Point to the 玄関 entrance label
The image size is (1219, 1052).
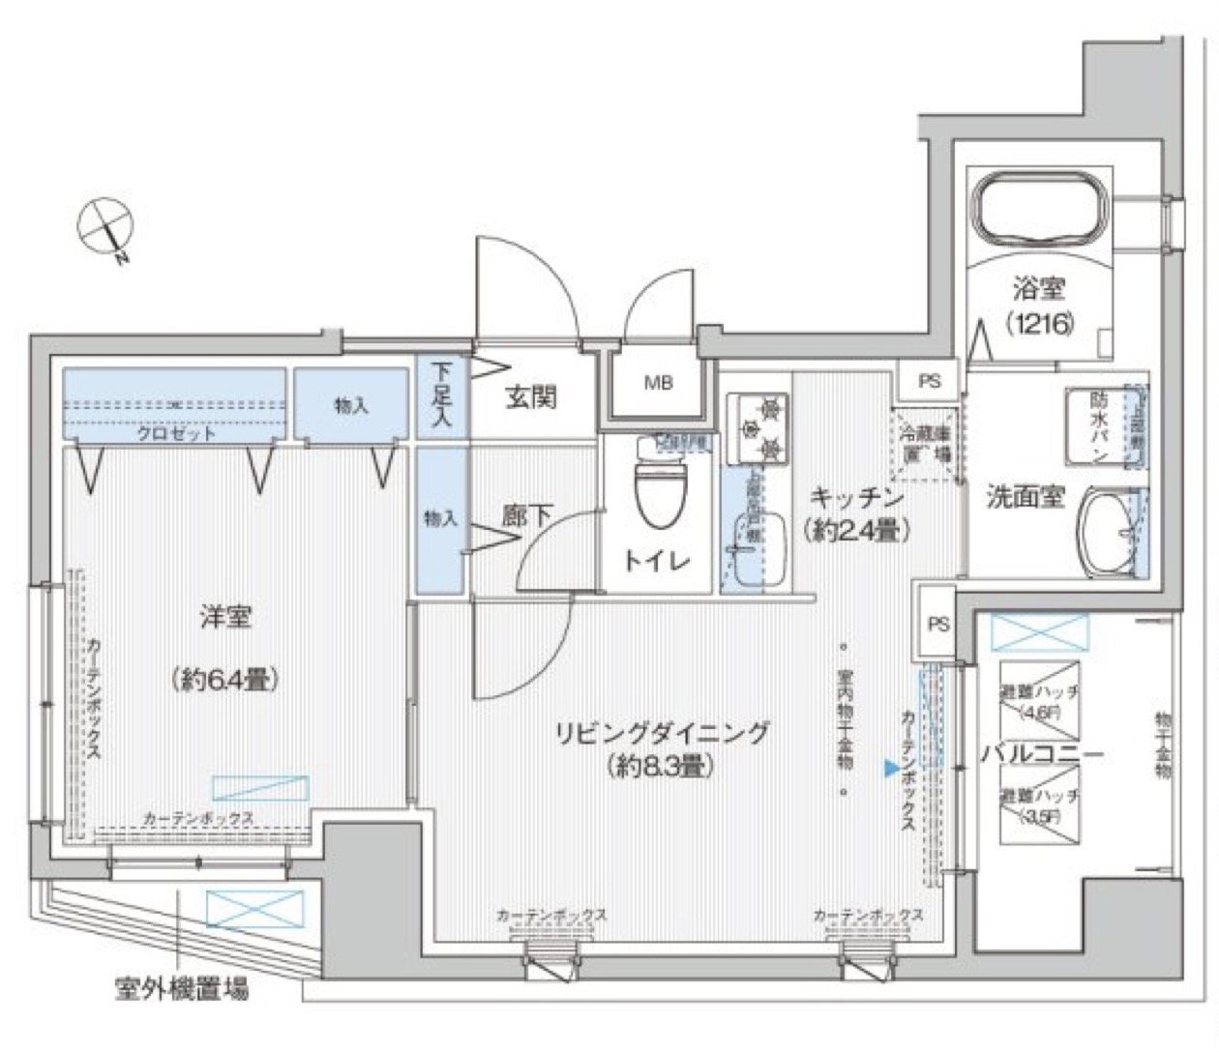coord(531,396)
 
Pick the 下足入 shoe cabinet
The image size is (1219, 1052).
coord(441,396)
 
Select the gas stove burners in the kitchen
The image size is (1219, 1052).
coord(757,426)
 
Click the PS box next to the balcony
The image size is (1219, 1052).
coord(937,624)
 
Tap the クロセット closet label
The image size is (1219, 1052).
coord(175,433)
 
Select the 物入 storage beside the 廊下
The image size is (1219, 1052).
coord(440,519)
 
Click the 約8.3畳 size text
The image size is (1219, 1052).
coord(662,767)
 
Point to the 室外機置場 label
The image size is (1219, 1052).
coord(181,989)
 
